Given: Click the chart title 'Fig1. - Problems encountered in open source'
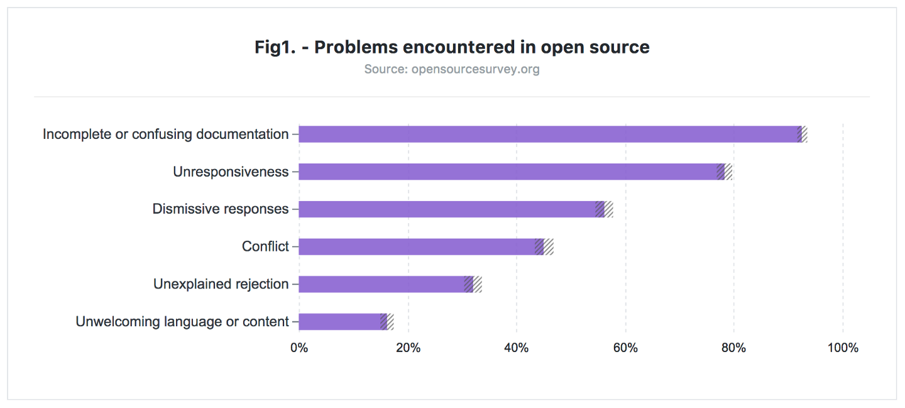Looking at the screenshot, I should (452, 47).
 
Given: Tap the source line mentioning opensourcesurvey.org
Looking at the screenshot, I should (452, 69).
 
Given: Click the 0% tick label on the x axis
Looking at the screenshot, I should (299, 348).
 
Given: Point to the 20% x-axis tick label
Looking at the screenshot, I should (408, 348).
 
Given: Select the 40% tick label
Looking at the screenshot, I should (517, 348).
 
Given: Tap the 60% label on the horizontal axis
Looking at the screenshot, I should (625, 348).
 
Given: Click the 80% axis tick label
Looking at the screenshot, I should (733, 348).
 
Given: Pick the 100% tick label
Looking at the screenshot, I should (842, 348).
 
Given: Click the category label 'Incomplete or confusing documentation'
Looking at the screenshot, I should (165, 135).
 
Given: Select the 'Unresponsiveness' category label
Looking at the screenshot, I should (231, 172).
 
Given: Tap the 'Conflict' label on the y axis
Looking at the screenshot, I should (265, 246).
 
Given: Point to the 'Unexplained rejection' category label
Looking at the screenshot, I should (221, 284).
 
